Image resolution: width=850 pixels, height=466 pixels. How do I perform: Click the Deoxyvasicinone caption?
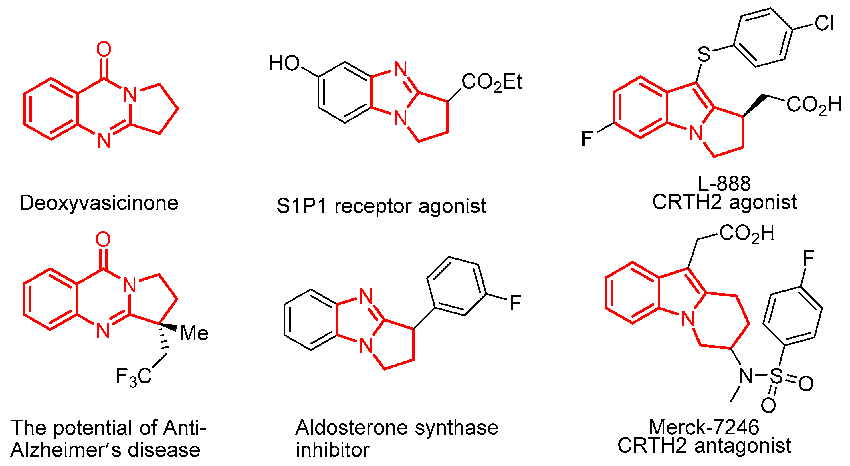pos(99,203)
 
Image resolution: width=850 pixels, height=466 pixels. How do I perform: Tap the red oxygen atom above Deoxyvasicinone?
pos(104,49)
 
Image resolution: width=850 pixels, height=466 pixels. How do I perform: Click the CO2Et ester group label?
pos(491,82)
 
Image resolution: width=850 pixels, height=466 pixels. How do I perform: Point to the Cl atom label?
pos(824,23)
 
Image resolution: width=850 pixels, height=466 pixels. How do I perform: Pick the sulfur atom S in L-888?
pos(704,54)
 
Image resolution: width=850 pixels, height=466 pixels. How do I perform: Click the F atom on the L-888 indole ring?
pos(587,139)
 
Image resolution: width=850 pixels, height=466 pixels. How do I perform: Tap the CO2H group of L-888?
pos(814,105)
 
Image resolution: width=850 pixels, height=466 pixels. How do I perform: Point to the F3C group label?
pos(134,376)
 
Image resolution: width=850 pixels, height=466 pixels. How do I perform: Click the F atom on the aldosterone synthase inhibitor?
pos(515,303)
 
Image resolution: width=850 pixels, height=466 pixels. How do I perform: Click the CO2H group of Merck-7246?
pos(747,234)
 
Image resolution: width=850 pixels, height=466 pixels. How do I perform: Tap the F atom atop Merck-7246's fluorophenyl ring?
pos(808,258)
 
